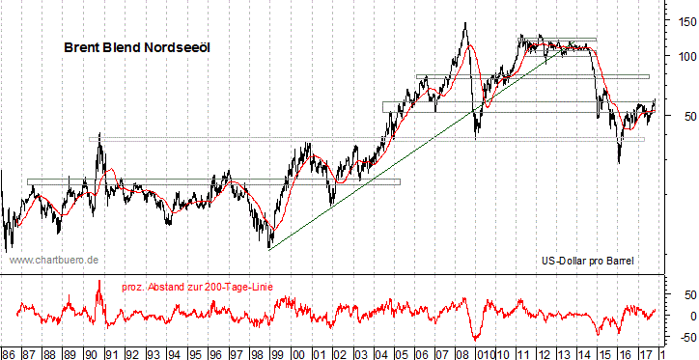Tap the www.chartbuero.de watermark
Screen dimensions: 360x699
[54, 261]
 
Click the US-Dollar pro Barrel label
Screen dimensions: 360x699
[587, 261]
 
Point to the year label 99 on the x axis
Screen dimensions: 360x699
[277, 353]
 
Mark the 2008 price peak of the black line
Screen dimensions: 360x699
[466, 23]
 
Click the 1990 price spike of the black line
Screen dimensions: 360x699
[98, 139]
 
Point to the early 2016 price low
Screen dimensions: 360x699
[619, 161]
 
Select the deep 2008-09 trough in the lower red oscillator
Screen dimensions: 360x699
[475, 339]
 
